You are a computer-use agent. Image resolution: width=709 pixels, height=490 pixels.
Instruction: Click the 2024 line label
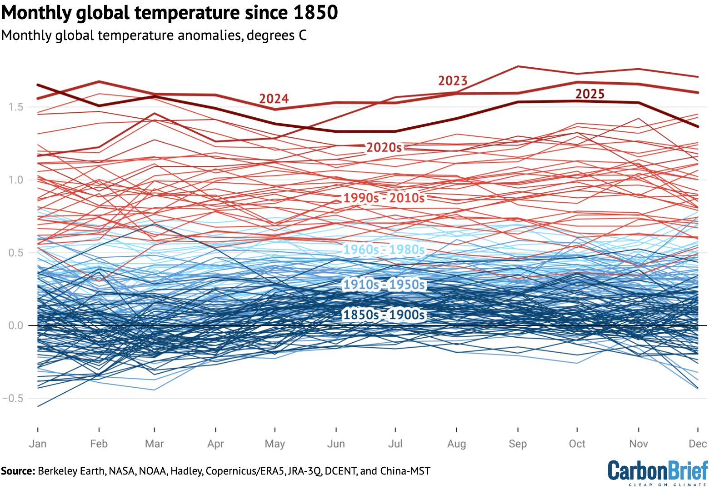(x=274, y=99)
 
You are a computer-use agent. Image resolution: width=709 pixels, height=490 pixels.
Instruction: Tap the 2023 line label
(x=453, y=81)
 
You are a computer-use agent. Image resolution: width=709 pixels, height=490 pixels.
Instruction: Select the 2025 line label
(x=590, y=94)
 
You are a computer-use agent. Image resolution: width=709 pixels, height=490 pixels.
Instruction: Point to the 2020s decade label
(x=384, y=147)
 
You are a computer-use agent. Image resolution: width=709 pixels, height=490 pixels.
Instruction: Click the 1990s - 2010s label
(x=384, y=198)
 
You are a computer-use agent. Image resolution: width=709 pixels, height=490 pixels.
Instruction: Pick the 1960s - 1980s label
(x=384, y=250)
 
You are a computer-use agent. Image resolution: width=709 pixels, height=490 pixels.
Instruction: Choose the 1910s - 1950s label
(x=384, y=285)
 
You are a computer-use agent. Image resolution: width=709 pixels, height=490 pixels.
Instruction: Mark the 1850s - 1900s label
(x=384, y=315)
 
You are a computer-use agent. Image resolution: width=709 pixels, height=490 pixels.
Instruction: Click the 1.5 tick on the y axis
(x=15, y=107)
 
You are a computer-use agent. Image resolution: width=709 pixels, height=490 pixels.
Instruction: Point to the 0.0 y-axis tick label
(x=15, y=326)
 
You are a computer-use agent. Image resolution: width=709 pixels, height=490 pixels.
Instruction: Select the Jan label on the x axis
(x=38, y=444)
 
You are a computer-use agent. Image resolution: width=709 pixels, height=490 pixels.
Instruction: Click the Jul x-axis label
(x=395, y=444)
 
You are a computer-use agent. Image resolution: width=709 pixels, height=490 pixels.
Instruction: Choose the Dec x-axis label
(x=698, y=444)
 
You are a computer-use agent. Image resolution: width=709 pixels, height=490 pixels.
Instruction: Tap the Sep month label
(x=518, y=444)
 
